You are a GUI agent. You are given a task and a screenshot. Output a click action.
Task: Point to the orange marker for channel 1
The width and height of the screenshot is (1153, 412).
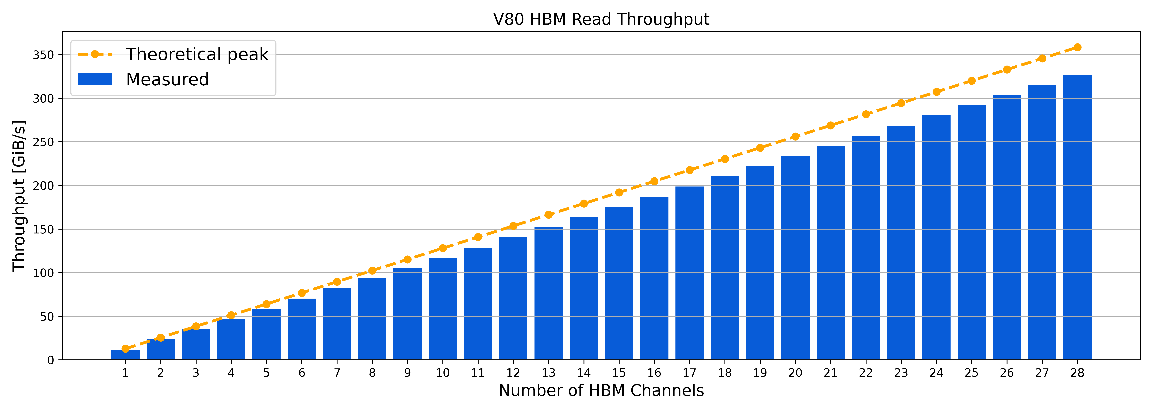[125, 348]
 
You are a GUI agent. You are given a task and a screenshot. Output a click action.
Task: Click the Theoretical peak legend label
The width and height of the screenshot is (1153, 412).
[197, 54]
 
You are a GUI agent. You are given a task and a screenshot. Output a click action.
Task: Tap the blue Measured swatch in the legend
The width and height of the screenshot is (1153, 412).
[95, 79]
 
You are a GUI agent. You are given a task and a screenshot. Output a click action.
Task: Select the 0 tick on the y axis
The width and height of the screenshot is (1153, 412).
[50, 360]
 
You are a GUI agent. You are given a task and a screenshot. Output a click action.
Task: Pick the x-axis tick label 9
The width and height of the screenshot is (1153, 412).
[407, 373]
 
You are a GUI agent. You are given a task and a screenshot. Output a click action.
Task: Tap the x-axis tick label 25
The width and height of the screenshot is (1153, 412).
[971, 373]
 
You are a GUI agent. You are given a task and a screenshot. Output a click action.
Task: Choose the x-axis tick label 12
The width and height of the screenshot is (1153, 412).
[513, 373]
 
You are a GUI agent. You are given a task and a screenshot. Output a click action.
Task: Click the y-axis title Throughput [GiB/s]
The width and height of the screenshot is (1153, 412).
[19, 196]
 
